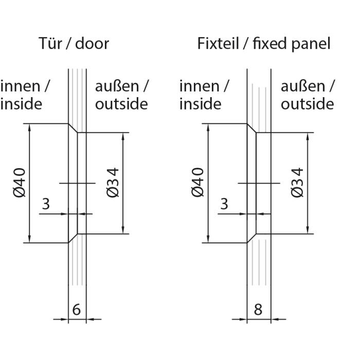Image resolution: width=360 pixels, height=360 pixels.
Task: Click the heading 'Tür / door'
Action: pos(74,43)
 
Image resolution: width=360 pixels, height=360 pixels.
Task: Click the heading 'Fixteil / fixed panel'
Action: pos(264,44)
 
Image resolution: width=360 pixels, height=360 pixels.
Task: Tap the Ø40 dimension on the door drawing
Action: pos(20,183)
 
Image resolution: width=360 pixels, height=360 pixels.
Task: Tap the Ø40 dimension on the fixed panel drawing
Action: pos(197,183)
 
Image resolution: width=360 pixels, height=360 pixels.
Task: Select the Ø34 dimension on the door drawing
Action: pos(113,183)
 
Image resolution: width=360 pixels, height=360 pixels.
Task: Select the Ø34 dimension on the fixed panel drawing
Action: pos(297,183)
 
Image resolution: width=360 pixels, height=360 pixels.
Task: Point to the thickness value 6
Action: pos(77,310)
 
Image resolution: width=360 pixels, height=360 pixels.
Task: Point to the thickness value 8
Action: pos(258,310)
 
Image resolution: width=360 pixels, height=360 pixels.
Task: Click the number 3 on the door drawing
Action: pos(46,204)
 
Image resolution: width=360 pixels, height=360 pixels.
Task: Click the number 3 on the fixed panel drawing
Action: pos(224,204)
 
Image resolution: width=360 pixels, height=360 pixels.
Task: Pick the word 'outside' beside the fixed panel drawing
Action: pos(307,104)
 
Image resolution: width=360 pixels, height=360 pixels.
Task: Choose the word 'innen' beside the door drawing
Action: pos(21,86)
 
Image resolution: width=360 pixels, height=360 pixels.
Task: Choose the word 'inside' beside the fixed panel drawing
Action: pos(201,104)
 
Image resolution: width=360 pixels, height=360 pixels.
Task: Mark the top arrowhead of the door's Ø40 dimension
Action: pos(29,128)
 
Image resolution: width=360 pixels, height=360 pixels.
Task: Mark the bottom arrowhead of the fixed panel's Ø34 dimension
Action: pos(308,230)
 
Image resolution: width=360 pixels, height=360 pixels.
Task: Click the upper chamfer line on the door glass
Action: pos(73,128)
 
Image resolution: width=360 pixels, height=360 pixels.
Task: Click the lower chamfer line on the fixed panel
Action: pos(251,238)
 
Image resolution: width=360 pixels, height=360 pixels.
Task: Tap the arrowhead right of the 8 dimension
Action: pos(275,319)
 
